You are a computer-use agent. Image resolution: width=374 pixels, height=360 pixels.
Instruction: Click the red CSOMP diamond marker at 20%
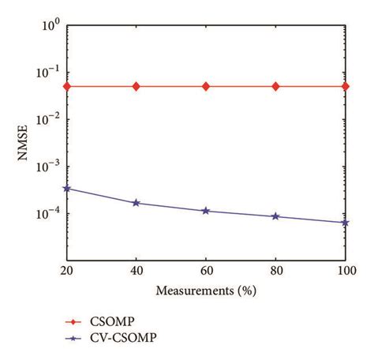[x=67, y=86]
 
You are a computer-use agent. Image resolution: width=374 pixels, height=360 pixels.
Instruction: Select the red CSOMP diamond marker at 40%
[x=137, y=86]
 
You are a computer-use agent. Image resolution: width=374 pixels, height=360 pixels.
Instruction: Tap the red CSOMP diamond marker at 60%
[x=206, y=86]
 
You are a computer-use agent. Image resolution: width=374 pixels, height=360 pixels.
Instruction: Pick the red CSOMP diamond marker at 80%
[x=275, y=86]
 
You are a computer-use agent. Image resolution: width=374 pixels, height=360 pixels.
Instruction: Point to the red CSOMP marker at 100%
[x=345, y=86]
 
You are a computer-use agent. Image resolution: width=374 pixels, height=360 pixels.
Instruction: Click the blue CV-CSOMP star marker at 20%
[x=67, y=188]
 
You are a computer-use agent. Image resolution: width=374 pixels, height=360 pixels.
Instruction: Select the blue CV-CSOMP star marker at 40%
[x=137, y=203]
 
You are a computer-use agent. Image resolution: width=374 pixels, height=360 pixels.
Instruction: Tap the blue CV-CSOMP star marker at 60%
[x=206, y=211]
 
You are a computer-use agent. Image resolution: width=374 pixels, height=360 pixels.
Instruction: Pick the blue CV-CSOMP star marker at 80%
[x=275, y=216]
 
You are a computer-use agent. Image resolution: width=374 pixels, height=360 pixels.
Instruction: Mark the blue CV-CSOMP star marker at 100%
[x=345, y=223]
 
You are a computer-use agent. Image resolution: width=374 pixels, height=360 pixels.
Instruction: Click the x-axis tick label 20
[x=67, y=272]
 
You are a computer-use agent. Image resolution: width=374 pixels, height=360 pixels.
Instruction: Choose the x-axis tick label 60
[x=206, y=272]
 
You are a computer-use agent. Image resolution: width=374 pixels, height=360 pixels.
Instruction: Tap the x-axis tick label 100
[x=344, y=272]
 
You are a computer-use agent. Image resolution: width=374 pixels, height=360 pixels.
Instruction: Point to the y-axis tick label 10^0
[x=51, y=26]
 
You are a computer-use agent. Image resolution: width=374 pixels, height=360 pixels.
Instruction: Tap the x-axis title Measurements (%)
[x=206, y=290]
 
